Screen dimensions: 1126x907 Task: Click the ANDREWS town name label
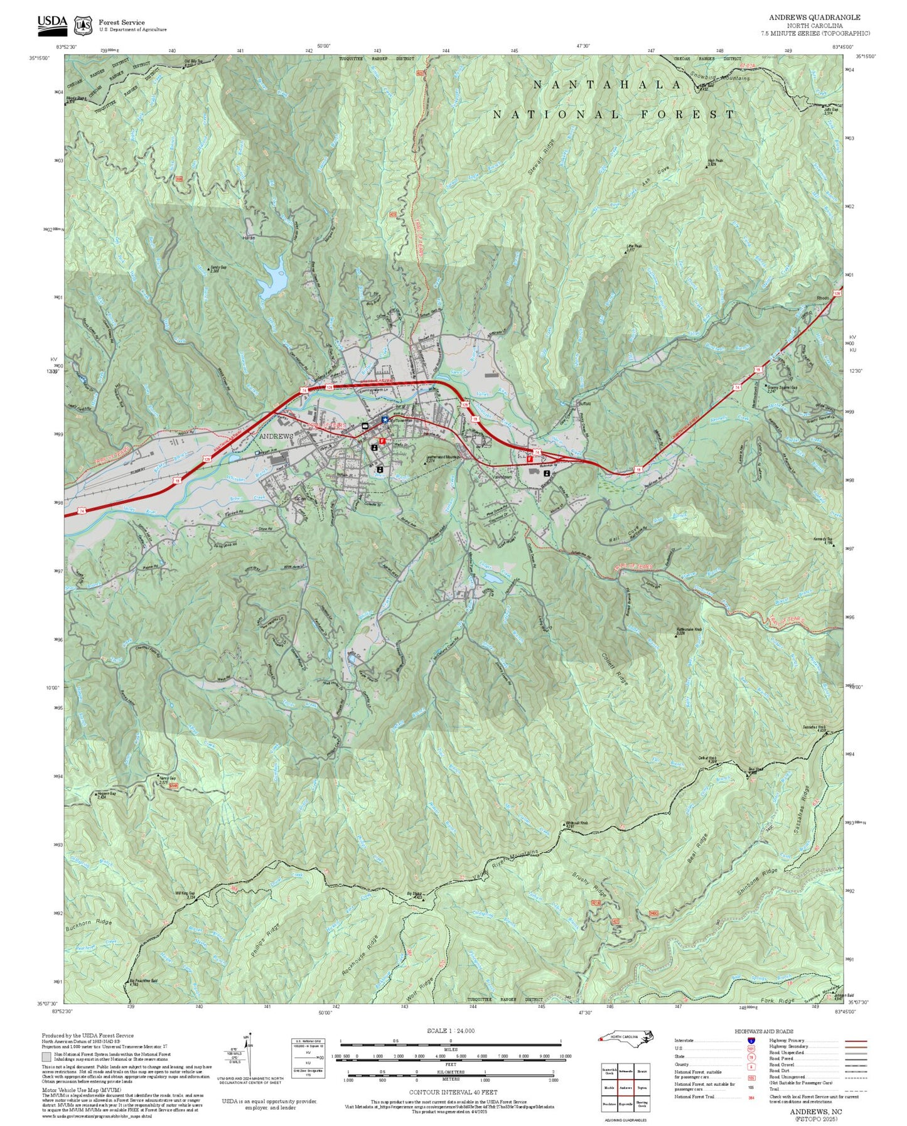[276, 436]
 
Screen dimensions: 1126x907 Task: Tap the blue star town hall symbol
[385, 420]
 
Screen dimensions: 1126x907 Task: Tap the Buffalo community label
[584, 403]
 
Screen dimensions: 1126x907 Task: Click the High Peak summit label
[716, 161]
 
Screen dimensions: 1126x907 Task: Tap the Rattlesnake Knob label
[689, 630]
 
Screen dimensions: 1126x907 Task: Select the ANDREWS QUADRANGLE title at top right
[815, 18]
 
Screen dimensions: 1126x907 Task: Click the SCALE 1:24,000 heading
[450, 1031]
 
